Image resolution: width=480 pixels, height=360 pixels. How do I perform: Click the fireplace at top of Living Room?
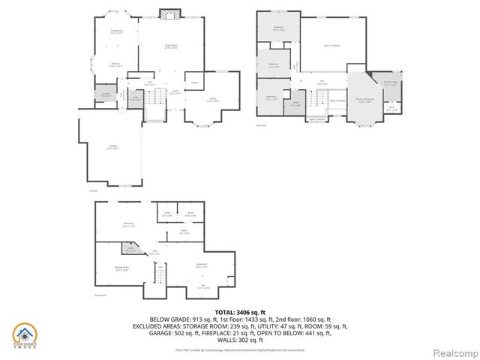tap(169, 15)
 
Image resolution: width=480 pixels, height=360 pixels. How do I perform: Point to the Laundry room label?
tap(106, 94)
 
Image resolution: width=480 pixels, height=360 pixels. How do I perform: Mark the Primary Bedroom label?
tap(366, 100)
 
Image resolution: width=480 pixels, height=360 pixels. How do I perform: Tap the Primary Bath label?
tap(391, 83)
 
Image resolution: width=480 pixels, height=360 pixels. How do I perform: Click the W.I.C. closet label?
tap(391, 108)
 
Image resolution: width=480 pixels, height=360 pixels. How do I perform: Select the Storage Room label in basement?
tap(122, 268)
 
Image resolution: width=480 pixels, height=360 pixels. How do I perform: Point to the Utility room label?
tap(166, 214)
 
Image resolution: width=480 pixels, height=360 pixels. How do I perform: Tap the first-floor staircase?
tap(154, 113)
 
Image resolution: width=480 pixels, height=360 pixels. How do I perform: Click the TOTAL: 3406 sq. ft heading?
tap(240, 312)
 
